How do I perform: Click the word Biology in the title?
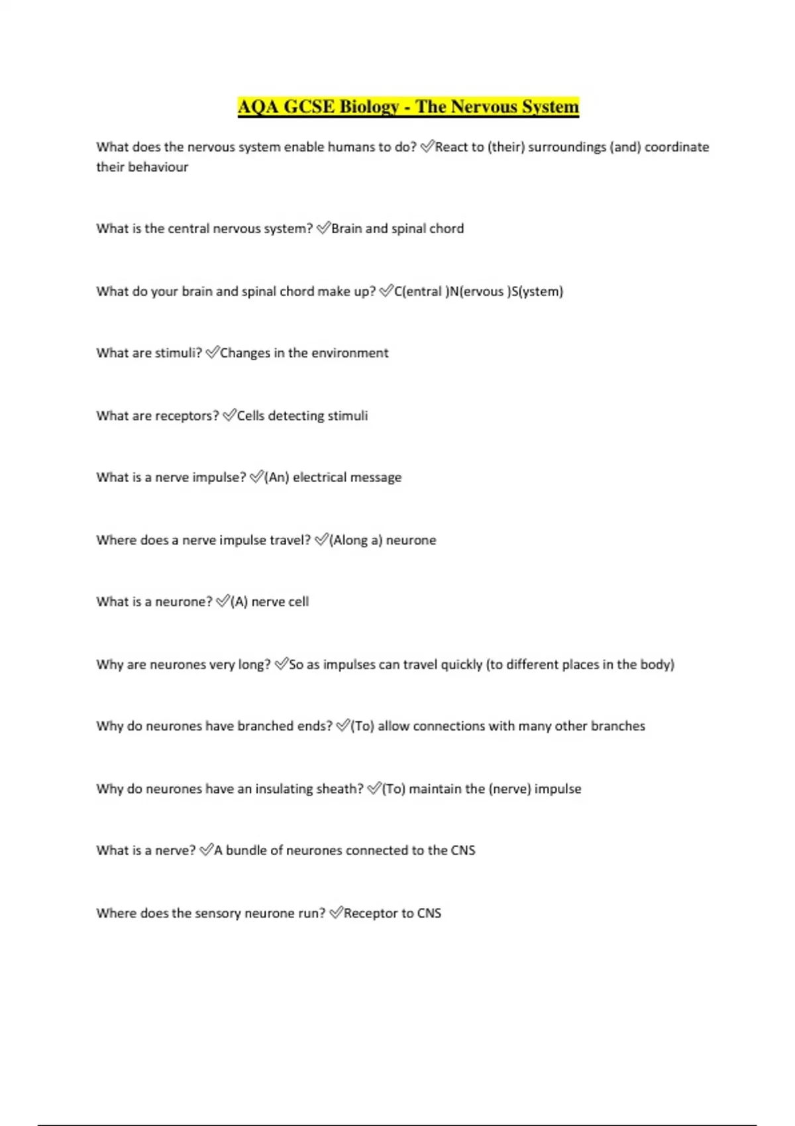pos(368,107)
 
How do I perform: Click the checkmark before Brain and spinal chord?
pos(323,229)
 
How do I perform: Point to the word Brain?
pos(346,229)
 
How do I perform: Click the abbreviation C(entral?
pos(418,291)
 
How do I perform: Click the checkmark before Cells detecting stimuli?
pos(229,416)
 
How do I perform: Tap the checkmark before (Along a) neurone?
pos(321,540)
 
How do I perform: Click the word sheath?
pos(339,789)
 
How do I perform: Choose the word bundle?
pos(249,850)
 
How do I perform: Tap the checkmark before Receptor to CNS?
pos(336,913)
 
